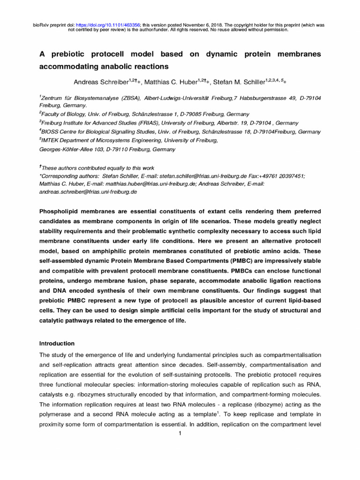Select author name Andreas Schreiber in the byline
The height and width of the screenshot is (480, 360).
pyautogui.click(x=101, y=82)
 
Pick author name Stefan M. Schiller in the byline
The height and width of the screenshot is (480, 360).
pyautogui.click(x=240, y=82)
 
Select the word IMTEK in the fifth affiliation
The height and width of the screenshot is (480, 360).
pyautogui.click(x=51, y=141)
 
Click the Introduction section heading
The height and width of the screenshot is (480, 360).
pyautogui.click(x=57, y=343)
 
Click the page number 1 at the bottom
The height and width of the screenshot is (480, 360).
pyautogui.click(x=180, y=433)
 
